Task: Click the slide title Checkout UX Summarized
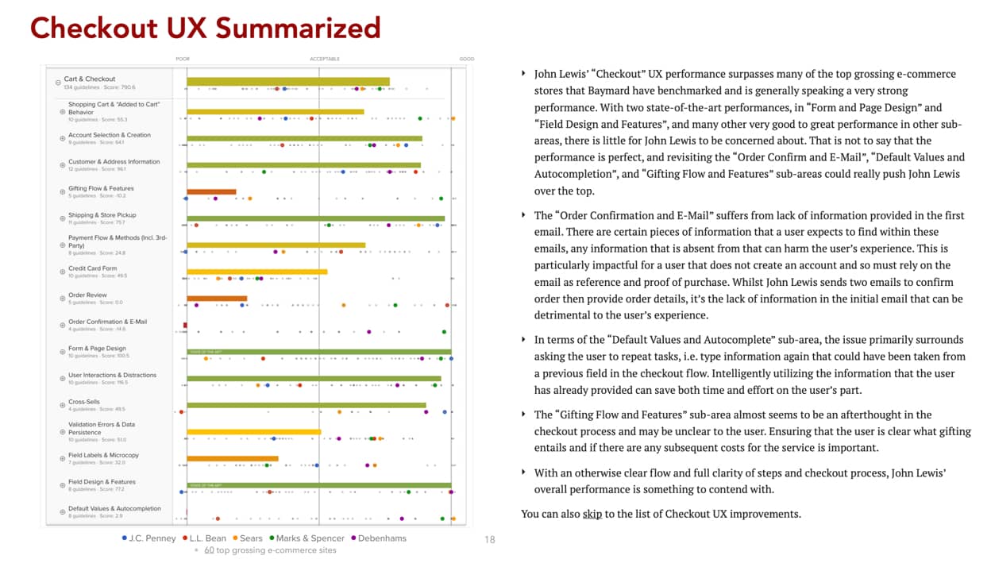205,29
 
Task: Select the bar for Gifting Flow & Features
211,191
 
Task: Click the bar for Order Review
217,299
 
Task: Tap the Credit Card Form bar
256,272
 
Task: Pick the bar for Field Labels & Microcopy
232,458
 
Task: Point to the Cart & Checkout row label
89,79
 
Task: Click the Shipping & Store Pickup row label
102,215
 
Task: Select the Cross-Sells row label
83,402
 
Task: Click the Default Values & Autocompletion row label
114,508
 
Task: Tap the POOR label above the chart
183,59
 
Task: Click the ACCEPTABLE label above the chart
325,59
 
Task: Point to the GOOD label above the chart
467,59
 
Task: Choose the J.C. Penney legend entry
148,538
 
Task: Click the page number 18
490,540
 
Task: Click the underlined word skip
592,514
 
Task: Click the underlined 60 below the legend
209,550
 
